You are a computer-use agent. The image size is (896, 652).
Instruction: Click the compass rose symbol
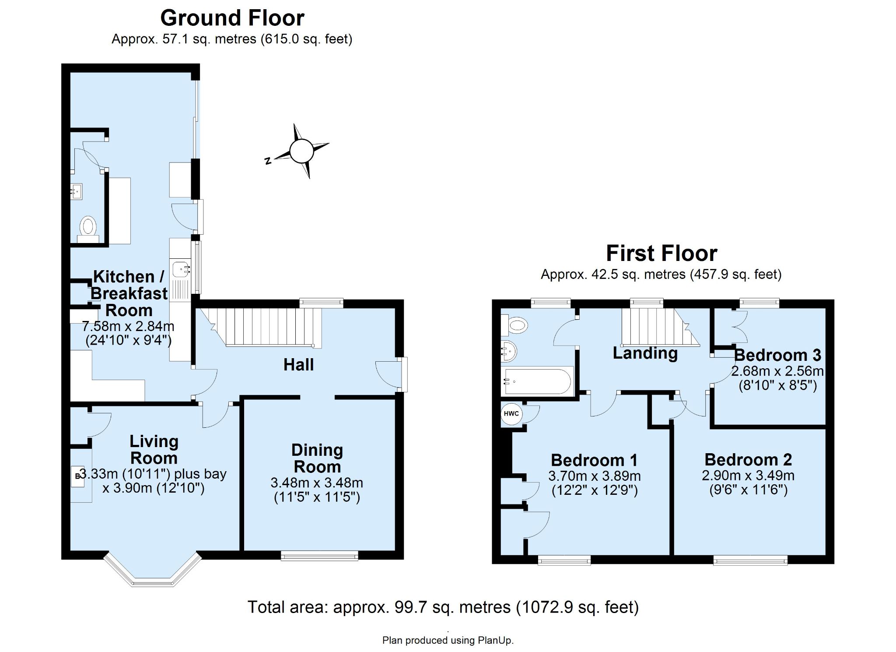click(301, 152)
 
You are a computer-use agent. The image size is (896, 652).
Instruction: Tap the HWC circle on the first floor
click(511, 414)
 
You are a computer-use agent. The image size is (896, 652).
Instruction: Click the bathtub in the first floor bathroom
click(538, 381)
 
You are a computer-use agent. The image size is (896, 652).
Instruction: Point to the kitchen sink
click(181, 268)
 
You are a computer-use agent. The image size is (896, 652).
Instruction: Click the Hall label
click(298, 365)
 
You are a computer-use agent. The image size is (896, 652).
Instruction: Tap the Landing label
click(645, 353)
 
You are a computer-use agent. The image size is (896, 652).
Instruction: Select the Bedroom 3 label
click(777, 355)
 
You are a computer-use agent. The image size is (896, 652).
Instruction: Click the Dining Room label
click(317, 458)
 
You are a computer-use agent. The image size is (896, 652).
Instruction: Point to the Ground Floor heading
click(232, 18)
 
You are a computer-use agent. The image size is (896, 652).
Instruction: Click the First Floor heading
click(661, 253)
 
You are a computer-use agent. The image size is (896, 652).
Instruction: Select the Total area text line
click(443, 607)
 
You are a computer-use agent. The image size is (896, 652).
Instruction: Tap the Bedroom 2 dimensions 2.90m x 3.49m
click(748, 475)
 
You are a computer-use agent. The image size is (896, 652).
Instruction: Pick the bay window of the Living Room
click(153, 571)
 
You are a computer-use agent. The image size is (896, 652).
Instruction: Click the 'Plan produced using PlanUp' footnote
click(448, 640)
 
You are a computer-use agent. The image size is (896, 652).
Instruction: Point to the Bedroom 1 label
click(594, 460)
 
